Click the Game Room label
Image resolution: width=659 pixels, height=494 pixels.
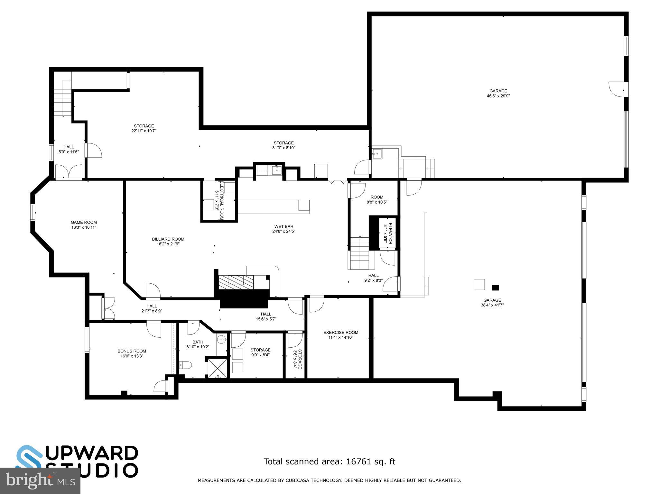point(84,222)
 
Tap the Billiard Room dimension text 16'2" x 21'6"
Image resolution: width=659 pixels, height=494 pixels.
point(168,244)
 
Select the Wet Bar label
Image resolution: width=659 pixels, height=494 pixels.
point(283,226)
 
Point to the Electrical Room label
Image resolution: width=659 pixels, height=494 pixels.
point(222,200)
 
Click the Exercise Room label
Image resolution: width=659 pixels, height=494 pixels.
point(340,333)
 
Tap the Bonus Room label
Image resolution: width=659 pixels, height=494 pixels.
point(132,351)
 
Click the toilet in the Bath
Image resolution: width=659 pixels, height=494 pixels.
point(185,365)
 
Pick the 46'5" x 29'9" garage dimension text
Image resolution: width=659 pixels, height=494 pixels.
point(498,96)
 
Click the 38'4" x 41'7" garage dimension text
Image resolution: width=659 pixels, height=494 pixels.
point(492,305)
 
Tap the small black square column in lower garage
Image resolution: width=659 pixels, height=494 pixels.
point(495,288)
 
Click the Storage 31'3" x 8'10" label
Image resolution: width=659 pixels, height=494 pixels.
point(283,143)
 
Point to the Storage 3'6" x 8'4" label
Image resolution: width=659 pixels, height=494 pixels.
point(298,359)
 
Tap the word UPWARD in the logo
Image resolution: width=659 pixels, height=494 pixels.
point(93,453)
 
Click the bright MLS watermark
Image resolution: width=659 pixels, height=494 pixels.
point(40,481)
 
